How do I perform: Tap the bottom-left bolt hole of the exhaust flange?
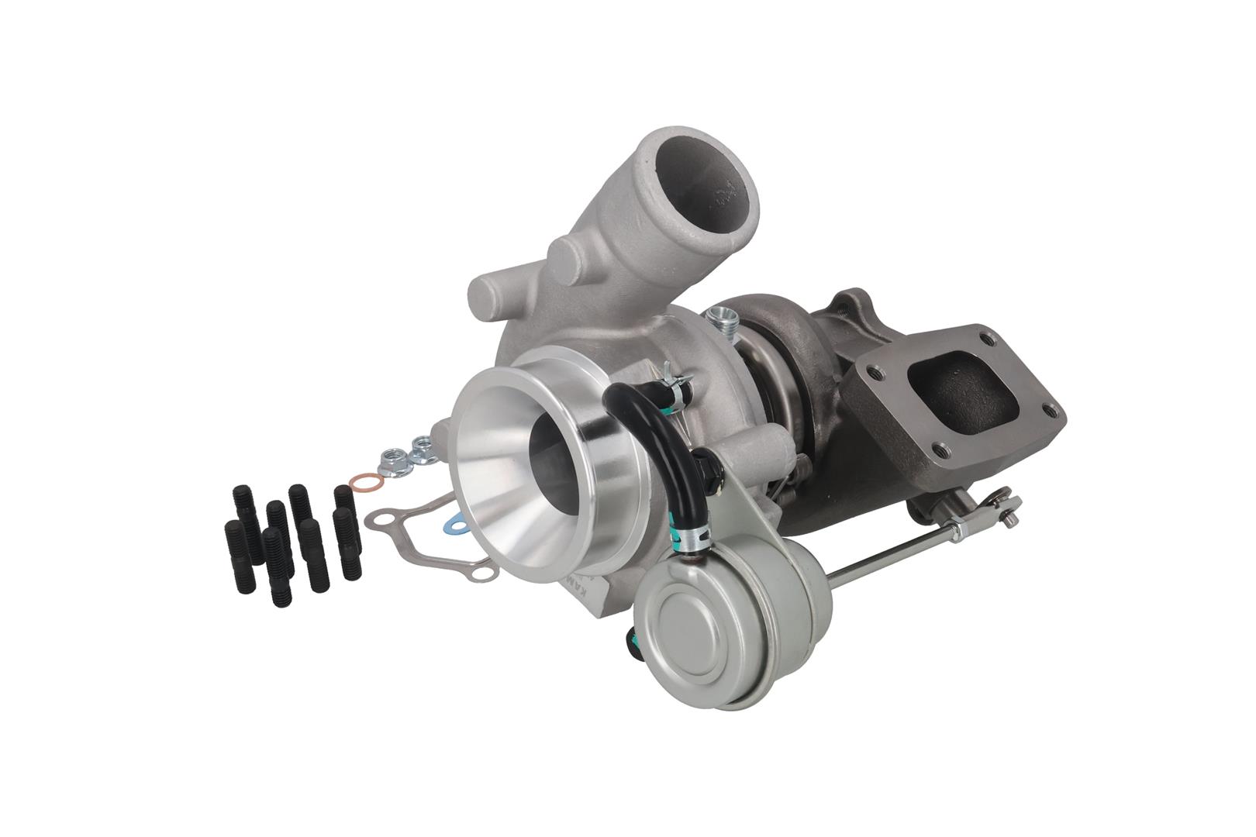click(940, 448)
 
